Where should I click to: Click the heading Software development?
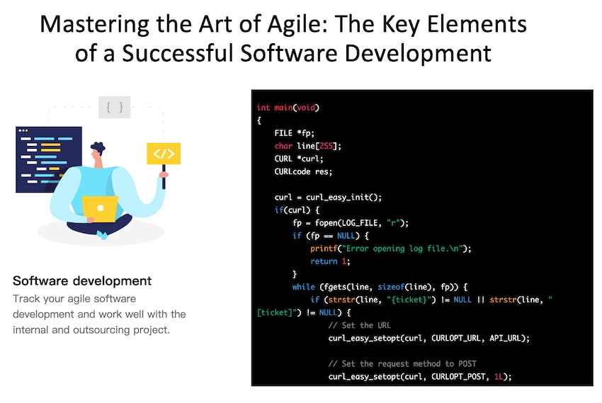coord(82,281)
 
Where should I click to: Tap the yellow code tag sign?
coord(163,154)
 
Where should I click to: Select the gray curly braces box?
coord(115,108)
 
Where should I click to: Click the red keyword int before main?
coord(263,108)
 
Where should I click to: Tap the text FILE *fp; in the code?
coord(295,133)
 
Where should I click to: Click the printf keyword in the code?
coord(323,249)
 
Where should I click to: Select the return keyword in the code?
coord(323,261)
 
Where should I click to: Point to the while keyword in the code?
coord(303,287)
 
